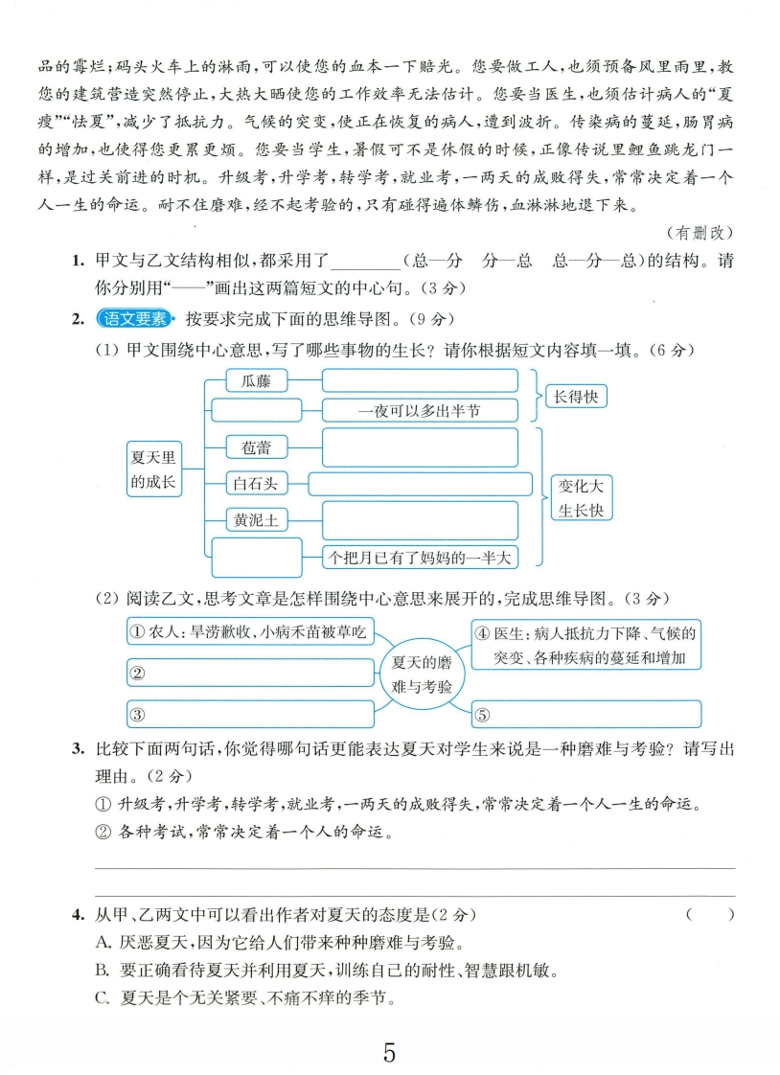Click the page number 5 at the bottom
(x=389, y=1053)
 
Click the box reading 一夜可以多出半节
(x=420, y=410)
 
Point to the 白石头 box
(x=257, y=484)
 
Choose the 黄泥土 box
(x=257, y=520)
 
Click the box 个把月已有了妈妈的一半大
(x=420, y=556)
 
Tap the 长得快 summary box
(x=578, y=396)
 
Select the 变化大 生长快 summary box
(x=582, y=497)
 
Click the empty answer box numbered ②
(x=249, y=673)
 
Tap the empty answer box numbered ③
(x=249, y=714)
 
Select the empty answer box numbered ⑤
(x=585, y=714)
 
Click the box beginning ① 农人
(x=249, y=632)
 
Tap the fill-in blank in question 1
(x=364, y=262)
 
